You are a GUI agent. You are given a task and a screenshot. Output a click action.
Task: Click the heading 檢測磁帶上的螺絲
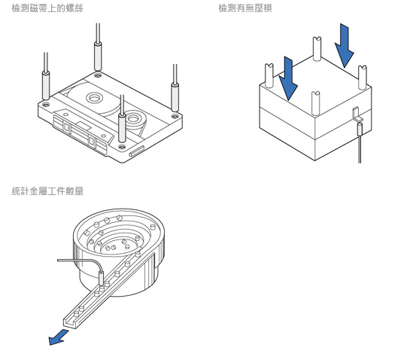[x=47, y=8]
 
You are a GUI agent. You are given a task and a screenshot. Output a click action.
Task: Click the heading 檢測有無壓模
[x=245, y=8]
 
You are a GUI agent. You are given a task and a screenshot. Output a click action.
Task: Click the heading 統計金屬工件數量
[x=47, y=191]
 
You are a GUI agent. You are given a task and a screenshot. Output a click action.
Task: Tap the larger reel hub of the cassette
[x=94, y=98]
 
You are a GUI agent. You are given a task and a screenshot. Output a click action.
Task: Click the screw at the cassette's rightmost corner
[x=175, y=116]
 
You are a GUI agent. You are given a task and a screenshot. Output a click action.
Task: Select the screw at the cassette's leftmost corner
[x=46, y=104]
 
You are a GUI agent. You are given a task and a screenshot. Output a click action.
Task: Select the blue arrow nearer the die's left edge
[x=288, y=78]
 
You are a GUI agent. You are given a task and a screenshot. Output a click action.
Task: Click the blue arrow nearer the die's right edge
[x=345, y=46]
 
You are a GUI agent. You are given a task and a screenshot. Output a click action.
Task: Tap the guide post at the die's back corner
[x=317, y=49]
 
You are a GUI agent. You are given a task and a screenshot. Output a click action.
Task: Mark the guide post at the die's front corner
[x=316, y=103]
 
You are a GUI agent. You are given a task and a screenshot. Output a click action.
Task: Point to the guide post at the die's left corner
[x=269, y=76]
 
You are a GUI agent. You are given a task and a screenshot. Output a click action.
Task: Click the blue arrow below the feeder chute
[x=58, y=337]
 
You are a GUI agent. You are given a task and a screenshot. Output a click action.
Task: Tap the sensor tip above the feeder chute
[x=102, y=278]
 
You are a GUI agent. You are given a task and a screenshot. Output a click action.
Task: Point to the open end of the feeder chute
[x=70, y=323]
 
